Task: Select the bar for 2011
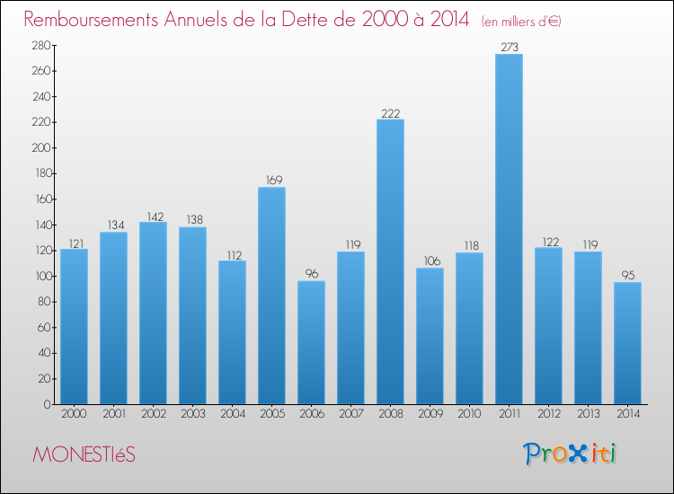click(x=509, y=229)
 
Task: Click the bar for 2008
click(x=390, y=261)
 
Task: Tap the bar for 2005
click(x=271, y=296)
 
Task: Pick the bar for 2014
click(x=627, y=343)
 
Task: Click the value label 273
click(x=509, y=48)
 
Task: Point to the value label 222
click(x=390, y=113)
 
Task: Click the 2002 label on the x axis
click(x=153, y=414)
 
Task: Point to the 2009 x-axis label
click(x=430, y=414)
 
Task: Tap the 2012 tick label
click(x=548, y=414)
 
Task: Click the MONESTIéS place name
click(x=84, y=454)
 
